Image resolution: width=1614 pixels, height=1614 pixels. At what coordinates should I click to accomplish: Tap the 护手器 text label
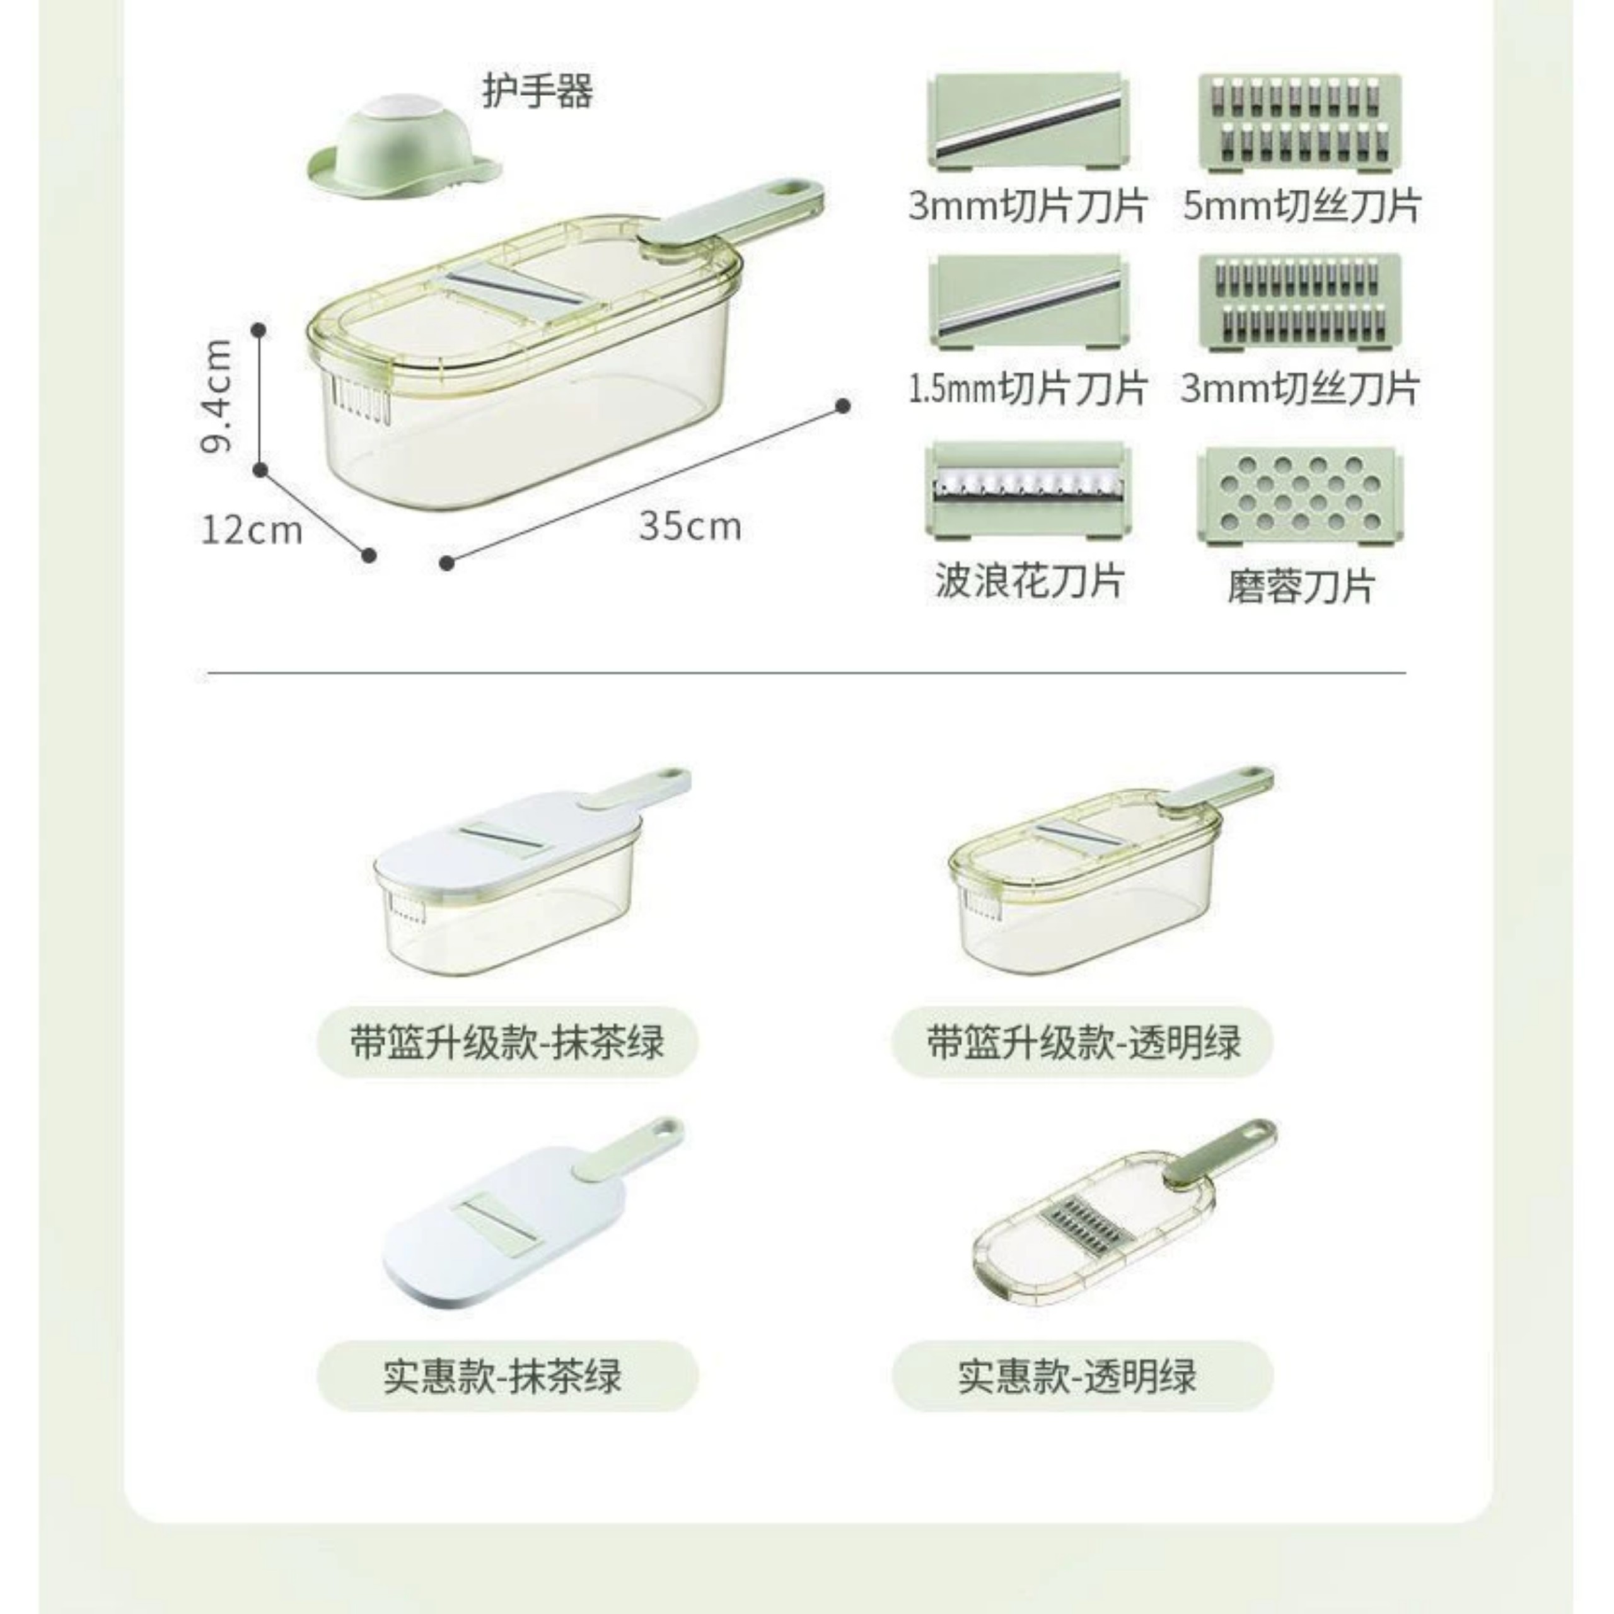[x=537, y=91]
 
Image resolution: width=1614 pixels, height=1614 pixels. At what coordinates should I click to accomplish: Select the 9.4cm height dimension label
[x=218, y=397]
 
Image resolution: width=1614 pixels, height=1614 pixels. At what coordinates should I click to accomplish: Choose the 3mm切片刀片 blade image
[x=1028, y=122]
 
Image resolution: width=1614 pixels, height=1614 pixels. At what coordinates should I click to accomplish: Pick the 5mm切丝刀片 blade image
[x=1300, y=122]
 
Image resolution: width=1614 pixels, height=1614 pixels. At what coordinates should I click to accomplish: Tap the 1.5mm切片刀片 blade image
[x=1028, y=301]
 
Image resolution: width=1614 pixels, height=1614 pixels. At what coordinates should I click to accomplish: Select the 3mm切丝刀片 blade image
[x=1300, y=301]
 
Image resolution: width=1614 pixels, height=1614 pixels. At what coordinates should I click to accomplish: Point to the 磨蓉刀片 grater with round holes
[x=1300, y=496]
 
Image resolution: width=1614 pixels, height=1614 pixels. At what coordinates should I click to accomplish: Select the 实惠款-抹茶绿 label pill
[x=507, y=1376]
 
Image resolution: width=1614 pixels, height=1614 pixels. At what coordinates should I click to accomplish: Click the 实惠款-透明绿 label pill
[x=1083, y=1376]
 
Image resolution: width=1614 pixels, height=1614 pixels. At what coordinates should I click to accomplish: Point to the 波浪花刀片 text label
[x=1028, y=581]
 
